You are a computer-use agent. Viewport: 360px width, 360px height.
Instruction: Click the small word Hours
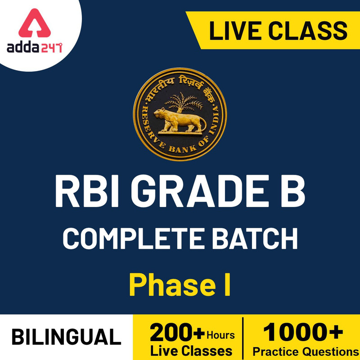pos(220,335)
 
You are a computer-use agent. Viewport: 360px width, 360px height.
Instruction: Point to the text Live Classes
pos(191,351)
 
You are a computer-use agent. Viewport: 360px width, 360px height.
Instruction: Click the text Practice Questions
pos(302,351)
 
